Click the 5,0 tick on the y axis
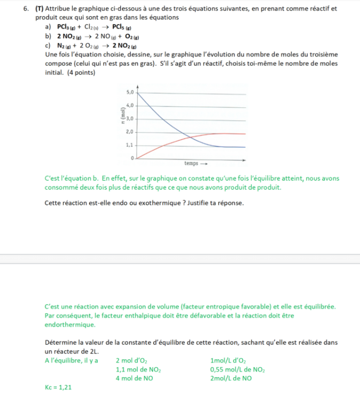tap(130, 92)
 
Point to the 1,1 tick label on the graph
tap(130, 145)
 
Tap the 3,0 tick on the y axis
tap(130, 118)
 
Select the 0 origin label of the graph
tap(132, 159)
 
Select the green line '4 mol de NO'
tap(134, 378)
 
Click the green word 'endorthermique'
tap(70, 324)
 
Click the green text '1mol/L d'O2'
tap(230, 360)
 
